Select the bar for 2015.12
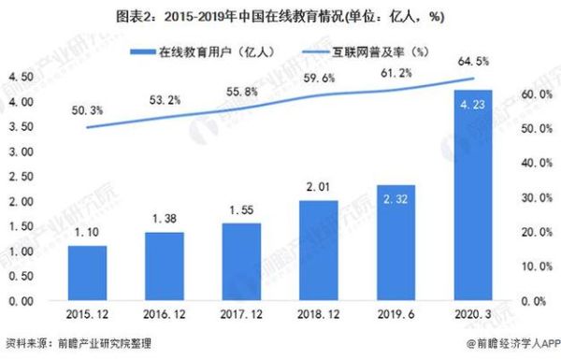tap(86, 273)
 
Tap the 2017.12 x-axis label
tap(239, 318)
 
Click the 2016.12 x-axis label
tap(163, 318)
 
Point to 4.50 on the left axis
tap(21, 77)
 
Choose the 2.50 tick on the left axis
tap(21, 177)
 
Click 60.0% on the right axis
tap(534, 94)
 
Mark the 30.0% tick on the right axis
tap(534, 197)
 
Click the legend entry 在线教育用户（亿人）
tap(203, 52)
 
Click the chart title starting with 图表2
tap(280, 15)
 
